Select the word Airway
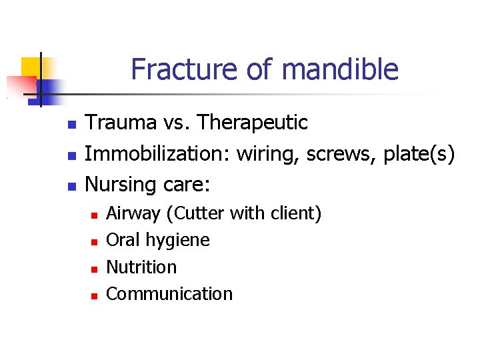(x=133, y=214)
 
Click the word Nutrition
(x=141, y=267)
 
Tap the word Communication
(x=169, y=294)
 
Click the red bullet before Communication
(x=95, y=295)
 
